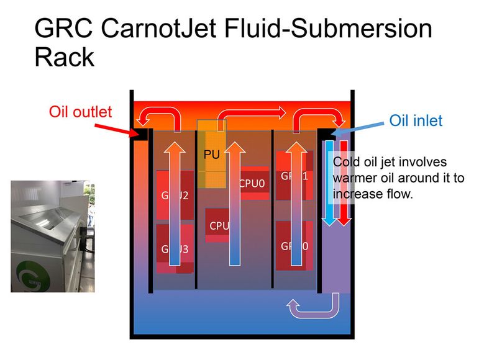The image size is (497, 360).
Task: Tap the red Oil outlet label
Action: tap(81, 112)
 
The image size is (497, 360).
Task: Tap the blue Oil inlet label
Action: tap(416, 120)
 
